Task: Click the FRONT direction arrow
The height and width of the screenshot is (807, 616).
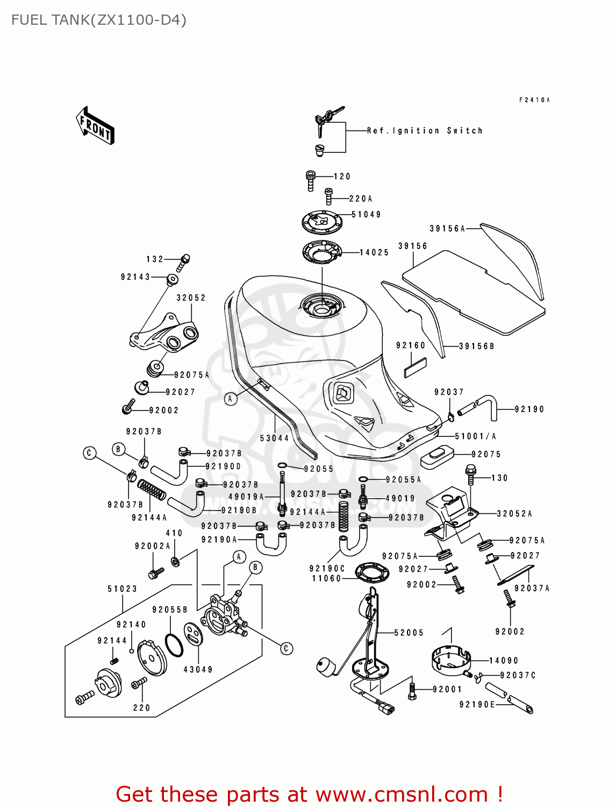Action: pos(95,125)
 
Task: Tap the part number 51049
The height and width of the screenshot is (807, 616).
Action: pos(366,215)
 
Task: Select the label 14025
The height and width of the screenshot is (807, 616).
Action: pos(374,252)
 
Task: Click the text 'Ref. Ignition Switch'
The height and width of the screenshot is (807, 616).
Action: pos(425,131)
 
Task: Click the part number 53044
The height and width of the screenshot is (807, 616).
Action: pos(274,438)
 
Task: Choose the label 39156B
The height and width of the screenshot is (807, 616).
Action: pos(476,346)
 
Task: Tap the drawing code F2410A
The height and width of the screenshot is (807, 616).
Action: pos(534,100)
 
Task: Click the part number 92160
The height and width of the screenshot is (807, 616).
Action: pos(411,346)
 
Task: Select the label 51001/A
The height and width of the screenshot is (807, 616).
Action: pos(476,436)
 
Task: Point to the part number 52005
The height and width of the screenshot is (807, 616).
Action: pos(409,633)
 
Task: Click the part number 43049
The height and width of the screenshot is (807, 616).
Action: pos(198,670)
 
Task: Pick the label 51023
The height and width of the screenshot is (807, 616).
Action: pos(123,589)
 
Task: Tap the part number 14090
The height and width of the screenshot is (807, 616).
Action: pos(504,661)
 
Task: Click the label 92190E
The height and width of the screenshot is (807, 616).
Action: pos(477,705)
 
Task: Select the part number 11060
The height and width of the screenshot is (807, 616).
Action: pos(327,579)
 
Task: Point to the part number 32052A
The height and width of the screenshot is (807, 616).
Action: pos(514,514)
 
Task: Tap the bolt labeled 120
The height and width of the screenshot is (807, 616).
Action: pos(311,180)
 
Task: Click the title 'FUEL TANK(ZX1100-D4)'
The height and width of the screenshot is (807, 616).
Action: pos(99,20)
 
